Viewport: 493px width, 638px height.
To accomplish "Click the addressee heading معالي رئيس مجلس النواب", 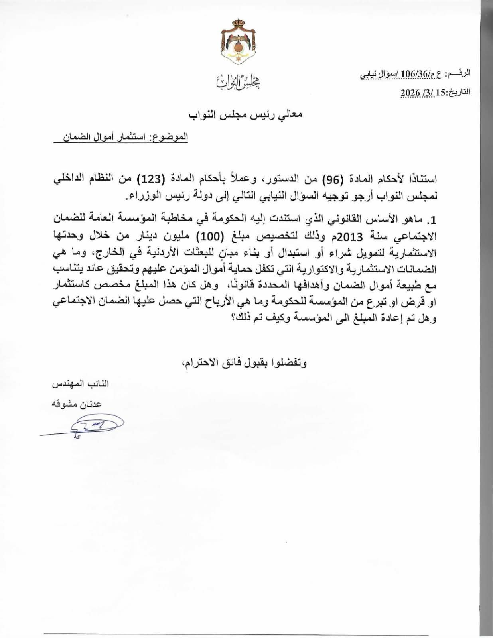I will (246, 114).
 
